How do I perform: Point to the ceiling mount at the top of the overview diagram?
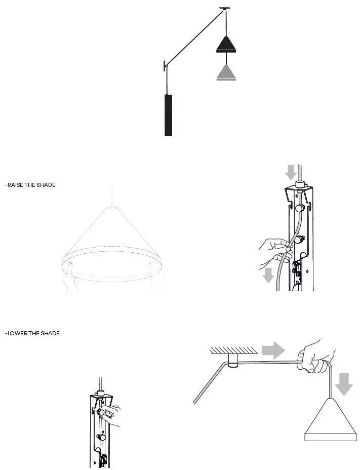click(x=223, y=9)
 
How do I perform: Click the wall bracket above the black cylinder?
click(x=165, y=65)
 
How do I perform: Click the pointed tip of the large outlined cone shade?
click(x=111, y=207)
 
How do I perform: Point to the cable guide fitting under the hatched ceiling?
click(x=233, y=361)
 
